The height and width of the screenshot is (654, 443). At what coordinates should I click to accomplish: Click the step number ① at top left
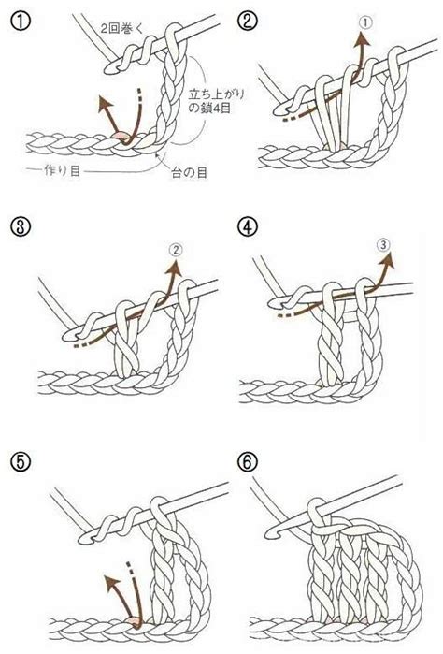pos(20,21)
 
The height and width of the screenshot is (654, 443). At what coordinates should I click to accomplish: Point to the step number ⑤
pos(20,461)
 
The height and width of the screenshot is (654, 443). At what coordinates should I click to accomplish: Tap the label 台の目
pos(190,172)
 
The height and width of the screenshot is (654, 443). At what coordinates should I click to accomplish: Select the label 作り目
pos(62,170)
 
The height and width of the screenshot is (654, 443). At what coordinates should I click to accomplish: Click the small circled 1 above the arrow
pos(364,23)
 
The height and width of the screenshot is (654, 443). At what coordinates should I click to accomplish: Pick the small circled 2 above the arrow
pos(176,250)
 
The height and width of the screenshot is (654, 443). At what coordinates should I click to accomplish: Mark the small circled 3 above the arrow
pos(383,244)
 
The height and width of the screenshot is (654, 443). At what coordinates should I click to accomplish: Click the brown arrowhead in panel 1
pos(104,102)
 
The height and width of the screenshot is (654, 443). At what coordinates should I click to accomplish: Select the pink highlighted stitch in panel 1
pos(121,136)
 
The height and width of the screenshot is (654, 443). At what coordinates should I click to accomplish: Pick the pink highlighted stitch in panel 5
pos(135,621)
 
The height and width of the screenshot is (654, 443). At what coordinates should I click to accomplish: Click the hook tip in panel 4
pos(274,303)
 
